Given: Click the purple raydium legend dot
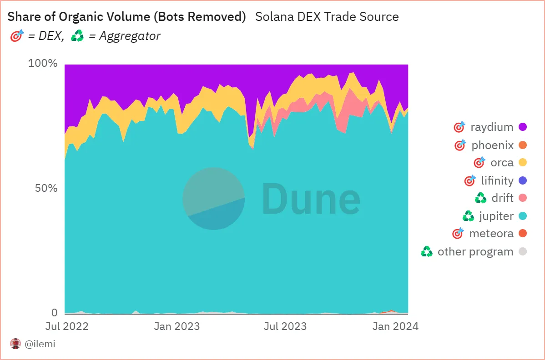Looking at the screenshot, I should [523, 127].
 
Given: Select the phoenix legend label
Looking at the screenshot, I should [492, 145].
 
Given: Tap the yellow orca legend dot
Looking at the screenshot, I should [523, 163].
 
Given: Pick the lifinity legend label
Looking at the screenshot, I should [497, 180].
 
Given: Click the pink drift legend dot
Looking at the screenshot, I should [523, 198].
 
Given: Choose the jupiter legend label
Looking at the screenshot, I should [496, 216].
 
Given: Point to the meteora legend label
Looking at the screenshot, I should [491, 234].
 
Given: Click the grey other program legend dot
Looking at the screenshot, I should [523, 251].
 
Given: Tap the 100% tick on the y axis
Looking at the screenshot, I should [43, 63].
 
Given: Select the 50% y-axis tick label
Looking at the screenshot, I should [46, 188].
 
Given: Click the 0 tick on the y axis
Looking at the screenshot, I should [54, 313].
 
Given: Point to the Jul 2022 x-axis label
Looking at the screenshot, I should [67, 326].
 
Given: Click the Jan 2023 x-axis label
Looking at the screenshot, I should [177, 326].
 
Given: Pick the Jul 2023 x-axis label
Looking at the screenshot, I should [285, 326].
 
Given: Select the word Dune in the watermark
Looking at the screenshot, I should [311, 198].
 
